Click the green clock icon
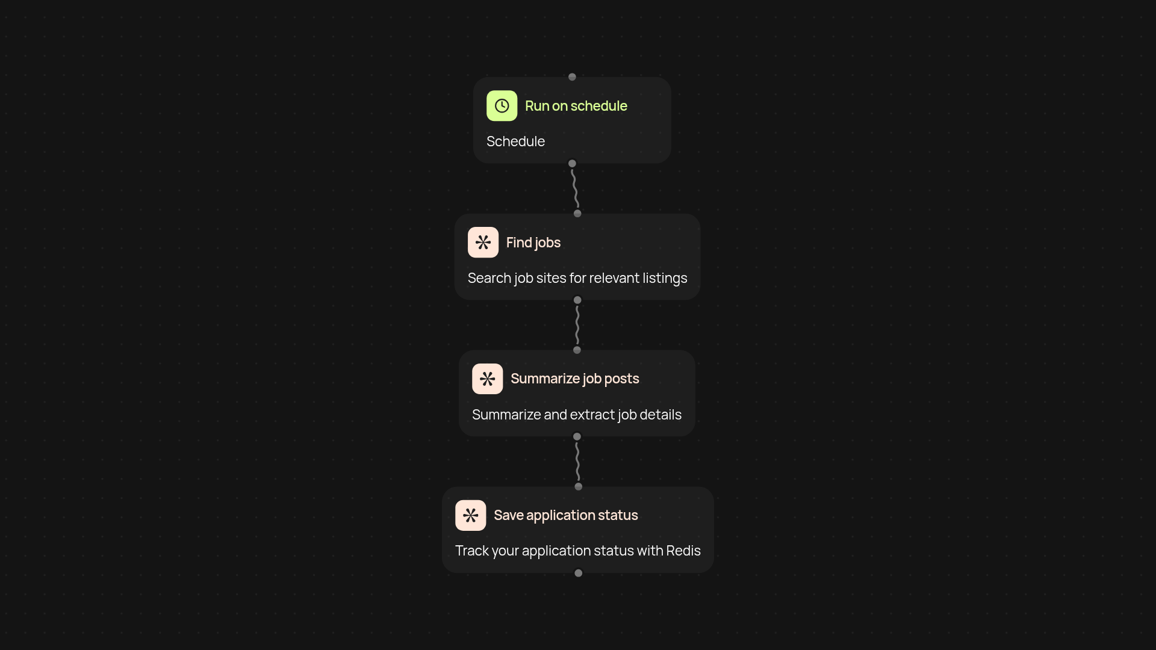[x=502, y=106]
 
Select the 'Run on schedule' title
[x=576, y=106]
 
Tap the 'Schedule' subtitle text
[x=515, y=141]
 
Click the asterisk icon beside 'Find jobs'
[x=483, y=243]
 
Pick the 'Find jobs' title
[x=533, y=243]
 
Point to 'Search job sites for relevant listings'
[x=577, y=278]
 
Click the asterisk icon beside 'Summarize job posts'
[x=487, y=379]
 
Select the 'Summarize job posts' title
[x=574, y=379]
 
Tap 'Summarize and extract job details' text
[x=576, y=415]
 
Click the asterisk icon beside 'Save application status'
[x=470, y=515]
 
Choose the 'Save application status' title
[x=565, y=515]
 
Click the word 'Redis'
[x=683, y=551]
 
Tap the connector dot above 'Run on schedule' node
[x=572, y=77]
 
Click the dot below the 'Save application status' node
[x=578, y=574]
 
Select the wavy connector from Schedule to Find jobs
[x=575, y=188]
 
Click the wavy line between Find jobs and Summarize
[x=577, y=325]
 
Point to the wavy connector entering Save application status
[x=577, y=462]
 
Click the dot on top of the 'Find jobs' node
[x=577, y=214]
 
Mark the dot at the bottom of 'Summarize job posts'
[x=577, y=437]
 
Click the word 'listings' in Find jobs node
[x=665, y=278]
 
